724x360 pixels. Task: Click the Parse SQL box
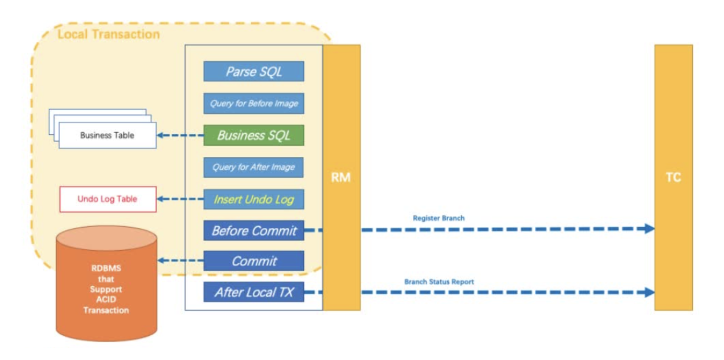tap(254, 71)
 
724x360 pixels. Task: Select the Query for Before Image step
tap(254, 103)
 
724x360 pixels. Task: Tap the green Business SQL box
tap(254, 135)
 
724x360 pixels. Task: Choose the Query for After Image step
tap(254, 167)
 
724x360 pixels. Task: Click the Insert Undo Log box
tap(254, 199)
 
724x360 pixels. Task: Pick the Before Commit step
tap(254, 231)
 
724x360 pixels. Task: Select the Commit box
tap(254, 261)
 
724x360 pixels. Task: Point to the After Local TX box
tap(254, 292)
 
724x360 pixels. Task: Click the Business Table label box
tap(107, 135)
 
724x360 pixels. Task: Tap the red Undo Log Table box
tap(108, 199)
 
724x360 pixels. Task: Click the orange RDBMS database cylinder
tap(106, 288)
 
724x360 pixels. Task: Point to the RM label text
tap(341, 177)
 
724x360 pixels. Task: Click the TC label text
tap(673, 177)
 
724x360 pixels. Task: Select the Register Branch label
tap(439, 218)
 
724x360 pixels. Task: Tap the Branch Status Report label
tap(439, 282)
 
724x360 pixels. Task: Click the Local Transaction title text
tap(109, 34)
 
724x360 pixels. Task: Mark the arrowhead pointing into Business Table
tap(160, 135)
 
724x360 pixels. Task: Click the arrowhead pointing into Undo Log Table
tap(160, 199)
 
